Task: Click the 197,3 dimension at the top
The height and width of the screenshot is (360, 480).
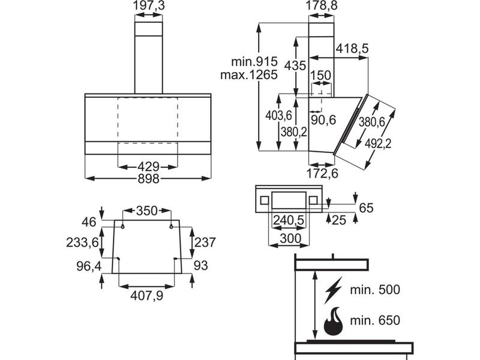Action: tap(148, 6)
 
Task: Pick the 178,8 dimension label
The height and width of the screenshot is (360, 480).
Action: tap(325, 6)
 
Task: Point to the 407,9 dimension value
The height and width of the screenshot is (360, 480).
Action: tap(148, 295)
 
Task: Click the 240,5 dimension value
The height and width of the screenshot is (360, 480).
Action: tap(289, 221)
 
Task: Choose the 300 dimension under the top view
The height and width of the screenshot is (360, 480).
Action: tap(289, 238)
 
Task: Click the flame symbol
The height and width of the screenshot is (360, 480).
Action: tap(332, 322)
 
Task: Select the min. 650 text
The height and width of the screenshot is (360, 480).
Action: tap(374, 321)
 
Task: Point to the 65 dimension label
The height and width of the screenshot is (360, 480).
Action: tap(366, 208)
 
